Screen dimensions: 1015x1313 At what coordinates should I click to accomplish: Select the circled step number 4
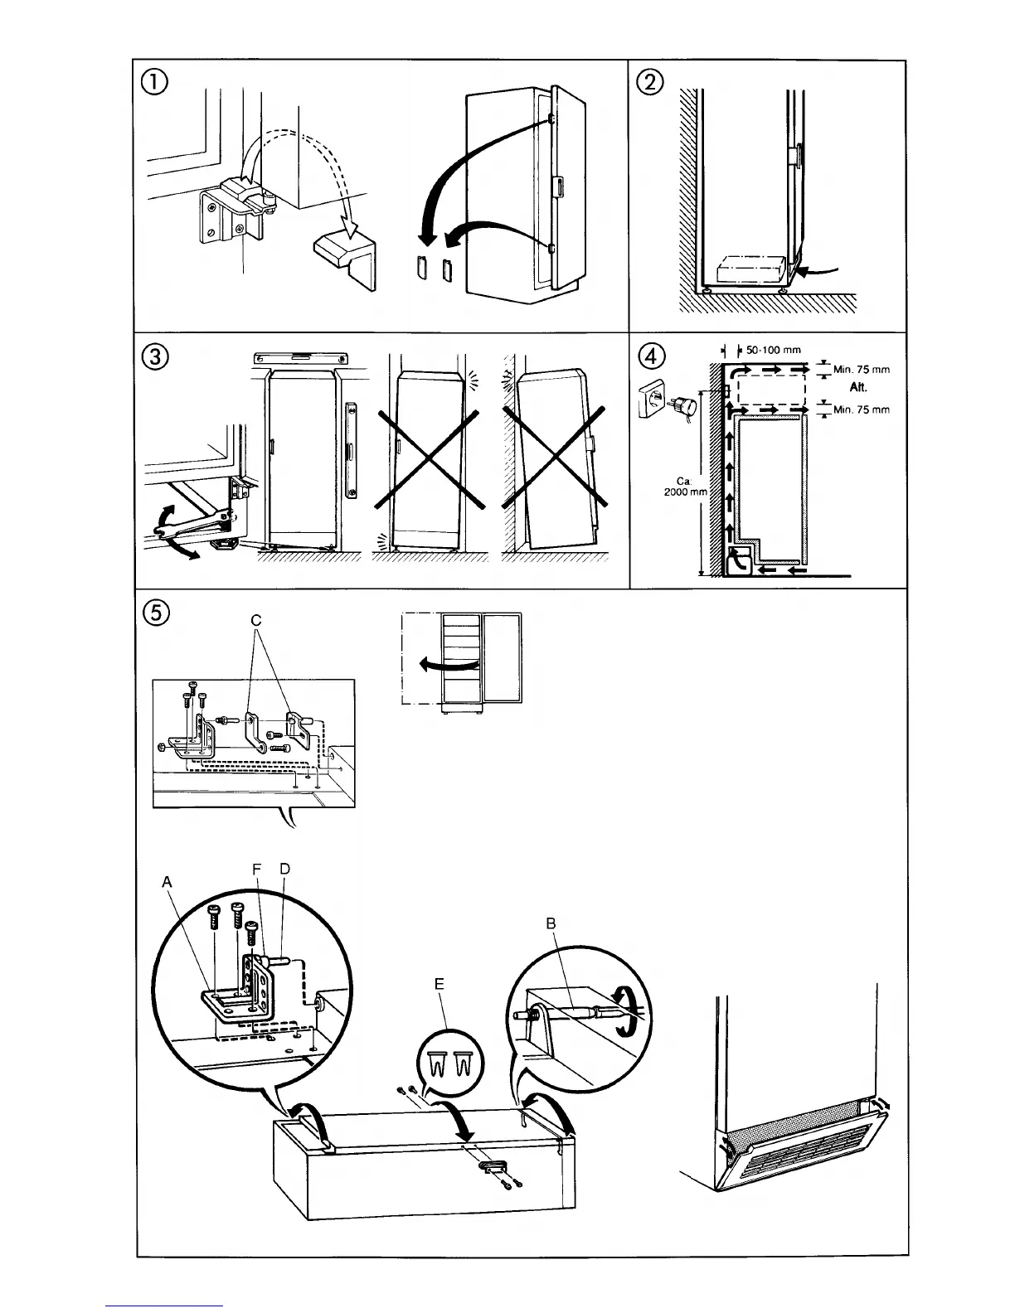coord(651,356)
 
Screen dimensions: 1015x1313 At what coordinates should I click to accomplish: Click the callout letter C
coord(256,621)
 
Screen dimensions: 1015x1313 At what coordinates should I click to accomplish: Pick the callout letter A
coord(168,883)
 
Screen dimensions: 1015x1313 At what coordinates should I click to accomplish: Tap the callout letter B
coord(551,923)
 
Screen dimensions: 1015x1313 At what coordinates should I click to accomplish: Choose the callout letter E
coord(440,984)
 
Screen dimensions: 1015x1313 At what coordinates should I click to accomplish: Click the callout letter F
coord(257,869)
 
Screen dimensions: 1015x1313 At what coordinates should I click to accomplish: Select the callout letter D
coord(284,869)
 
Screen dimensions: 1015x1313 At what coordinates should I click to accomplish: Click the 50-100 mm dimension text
coord(774,350)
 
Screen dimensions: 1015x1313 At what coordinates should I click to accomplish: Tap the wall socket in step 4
coord(653,402)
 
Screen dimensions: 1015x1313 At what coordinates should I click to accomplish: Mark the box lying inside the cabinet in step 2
coord(750,270)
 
